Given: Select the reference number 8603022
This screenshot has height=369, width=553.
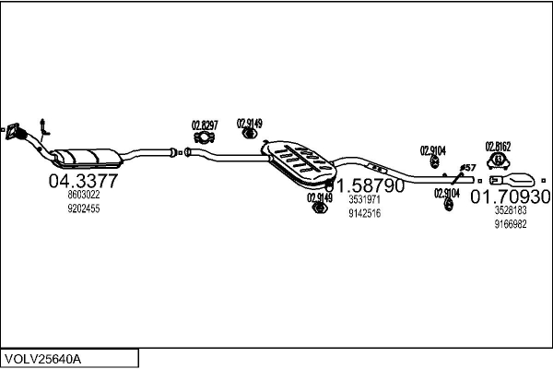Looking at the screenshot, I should pyautogui.click(x=83, y=195).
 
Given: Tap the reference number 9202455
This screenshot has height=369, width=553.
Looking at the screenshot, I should pyautogui.click(x=83, y=209).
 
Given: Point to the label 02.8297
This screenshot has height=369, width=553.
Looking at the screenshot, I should pyautogui.click(x=205, y=125).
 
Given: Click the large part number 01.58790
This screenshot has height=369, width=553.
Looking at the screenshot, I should pyautogui.click(x=364, y=184).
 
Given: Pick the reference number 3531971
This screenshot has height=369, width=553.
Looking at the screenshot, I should pyautogui.click(x=364, y=199).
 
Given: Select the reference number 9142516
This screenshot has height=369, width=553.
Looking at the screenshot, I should pyautogui.click(x=364, y=214).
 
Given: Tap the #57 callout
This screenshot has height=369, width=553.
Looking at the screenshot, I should pyautogui.click(x=467, y=167).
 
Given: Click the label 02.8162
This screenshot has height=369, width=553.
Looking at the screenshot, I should pyautogui.click(x=498, y=146).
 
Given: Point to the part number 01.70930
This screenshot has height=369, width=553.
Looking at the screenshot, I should pyautogui.click(x=511, y=196).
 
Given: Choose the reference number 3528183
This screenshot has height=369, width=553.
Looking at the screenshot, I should pyautogui.click(x=510, y=210).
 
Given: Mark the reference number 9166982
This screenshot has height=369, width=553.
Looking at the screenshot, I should pyautogui.click(x=510, y=223).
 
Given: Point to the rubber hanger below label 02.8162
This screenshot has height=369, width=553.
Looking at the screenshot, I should pyautogui.click(x=498, y=161).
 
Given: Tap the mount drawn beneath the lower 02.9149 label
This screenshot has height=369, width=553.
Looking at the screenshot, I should pyautogui.click(x=318, y=211).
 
